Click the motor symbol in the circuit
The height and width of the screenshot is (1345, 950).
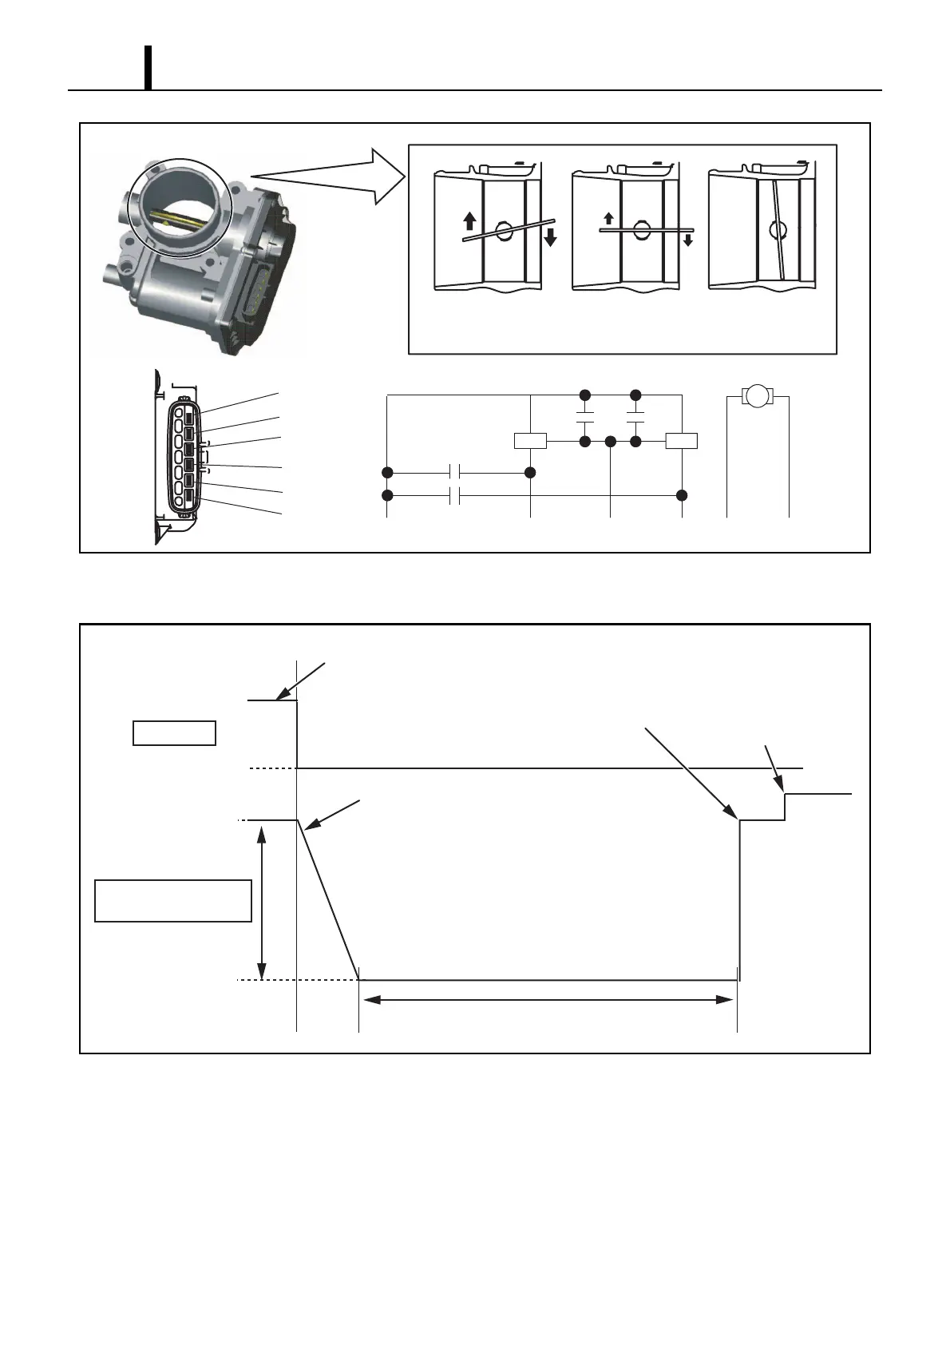tap(758, 395)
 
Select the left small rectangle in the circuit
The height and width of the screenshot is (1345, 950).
tap(530, 441)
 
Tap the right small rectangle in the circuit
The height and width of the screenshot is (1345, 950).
tap(682, 441)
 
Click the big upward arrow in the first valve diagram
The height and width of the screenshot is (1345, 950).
tap(469, 220)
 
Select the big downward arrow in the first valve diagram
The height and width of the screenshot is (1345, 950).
tap(550, 236)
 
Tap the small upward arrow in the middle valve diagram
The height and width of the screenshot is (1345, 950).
tap(608, 219)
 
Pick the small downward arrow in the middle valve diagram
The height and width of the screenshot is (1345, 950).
tap(688, 239)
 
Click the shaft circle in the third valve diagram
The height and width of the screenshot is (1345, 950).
tap(778, 230)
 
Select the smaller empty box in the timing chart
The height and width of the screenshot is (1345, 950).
tap(174, 733)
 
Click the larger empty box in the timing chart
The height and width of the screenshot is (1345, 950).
tap(173, 901)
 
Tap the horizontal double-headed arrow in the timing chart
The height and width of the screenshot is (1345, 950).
tap(548, 999)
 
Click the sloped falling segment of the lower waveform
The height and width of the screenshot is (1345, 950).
tap(328, 899)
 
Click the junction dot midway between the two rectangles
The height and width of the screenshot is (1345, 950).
tap(610, 441)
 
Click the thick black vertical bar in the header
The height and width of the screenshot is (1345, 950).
tap(148, 68)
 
